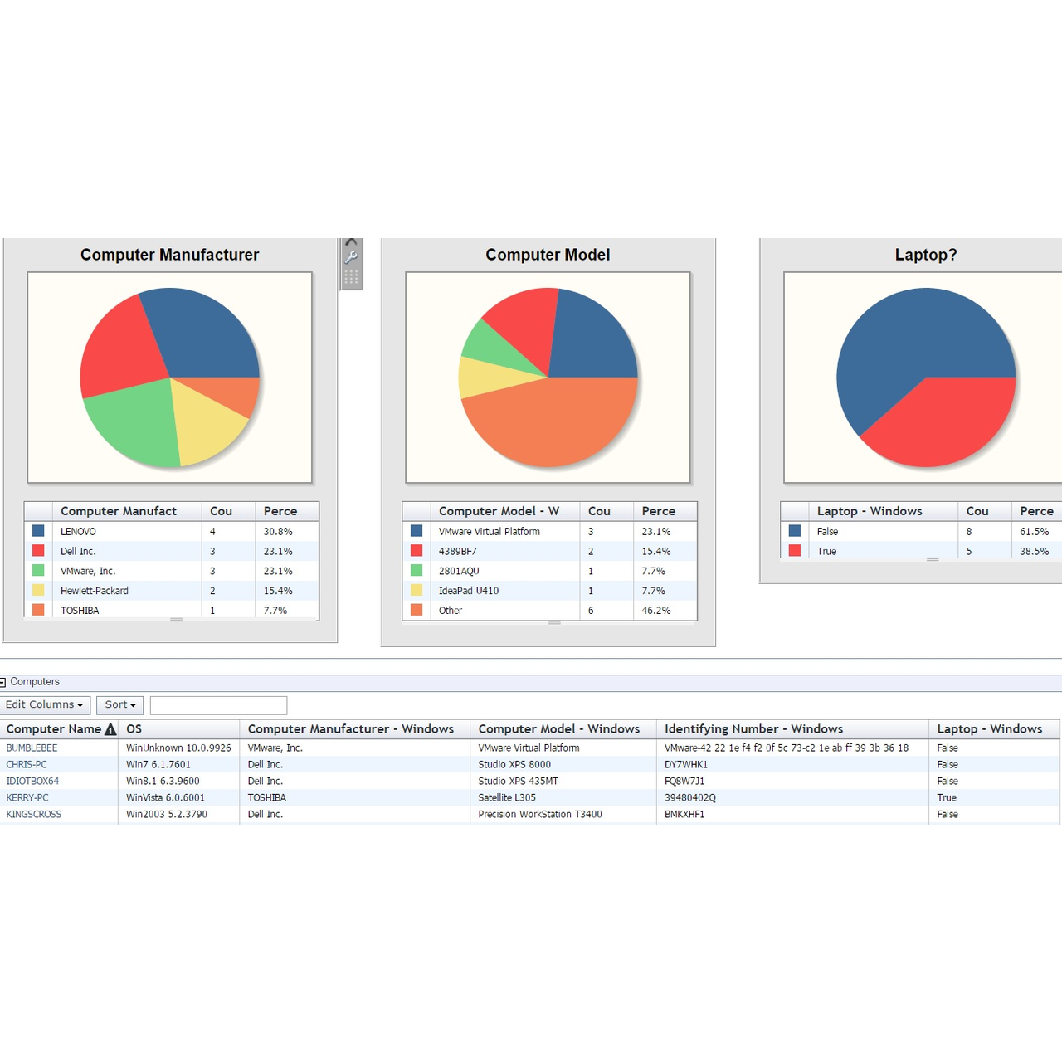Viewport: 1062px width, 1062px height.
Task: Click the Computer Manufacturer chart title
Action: click(x=169, y=255)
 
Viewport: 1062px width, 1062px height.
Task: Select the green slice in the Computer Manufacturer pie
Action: click(x=133, y=423)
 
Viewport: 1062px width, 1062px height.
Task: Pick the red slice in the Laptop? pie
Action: click(x=938, y=419)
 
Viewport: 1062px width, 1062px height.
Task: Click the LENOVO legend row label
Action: click(x=78, y=532)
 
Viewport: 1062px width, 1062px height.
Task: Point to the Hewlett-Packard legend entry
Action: click(x=95, y=591)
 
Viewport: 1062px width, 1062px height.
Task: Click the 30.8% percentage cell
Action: click(x=278, y=532)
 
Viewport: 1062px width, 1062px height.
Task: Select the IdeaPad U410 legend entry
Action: click(x=469, y=591)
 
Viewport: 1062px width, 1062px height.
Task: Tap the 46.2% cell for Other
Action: click(x=656, y=611)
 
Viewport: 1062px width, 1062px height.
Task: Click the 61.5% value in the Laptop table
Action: click(x=1034, y=532)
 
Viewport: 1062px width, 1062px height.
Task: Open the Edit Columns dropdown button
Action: click(x=45, y=705)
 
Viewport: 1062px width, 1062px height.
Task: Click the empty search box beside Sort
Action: click(x=218, y=705)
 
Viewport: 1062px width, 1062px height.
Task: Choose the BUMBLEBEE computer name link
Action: click(x=32, y=748)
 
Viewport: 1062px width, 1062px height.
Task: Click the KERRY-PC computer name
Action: click(x=27, y=798)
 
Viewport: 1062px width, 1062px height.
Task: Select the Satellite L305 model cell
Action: click(x=507, y=798)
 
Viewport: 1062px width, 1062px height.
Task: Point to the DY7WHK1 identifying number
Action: click(x=686, y=765)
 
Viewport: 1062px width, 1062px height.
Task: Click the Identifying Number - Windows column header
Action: click(x=753, y=729)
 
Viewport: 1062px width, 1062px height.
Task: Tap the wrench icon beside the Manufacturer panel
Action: click(x=352, y=258)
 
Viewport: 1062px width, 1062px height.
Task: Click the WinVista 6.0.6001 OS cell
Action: click(x=165, y=798)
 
